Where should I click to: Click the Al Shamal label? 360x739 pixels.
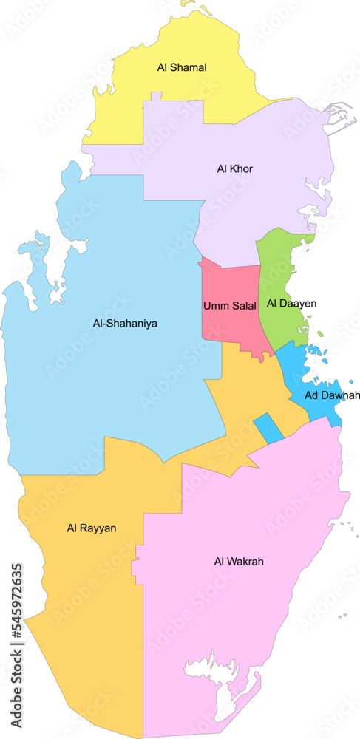(x=182, y=67)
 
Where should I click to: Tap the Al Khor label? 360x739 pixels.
(x=235, y=169)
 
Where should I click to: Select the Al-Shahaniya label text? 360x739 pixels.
(x=125, y=323)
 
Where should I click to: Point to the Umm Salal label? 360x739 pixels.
(x=229, y=305)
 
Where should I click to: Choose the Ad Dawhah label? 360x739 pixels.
(x=332, y=395)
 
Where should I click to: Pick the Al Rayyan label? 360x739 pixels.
(x=92, y=528)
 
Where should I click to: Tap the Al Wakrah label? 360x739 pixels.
(x=239, y=562)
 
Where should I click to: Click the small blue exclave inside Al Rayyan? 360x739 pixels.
(x=268, y=429)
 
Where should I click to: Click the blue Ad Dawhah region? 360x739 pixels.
(x=310, y=377)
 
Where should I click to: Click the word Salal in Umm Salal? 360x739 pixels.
(x=243, y=305)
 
